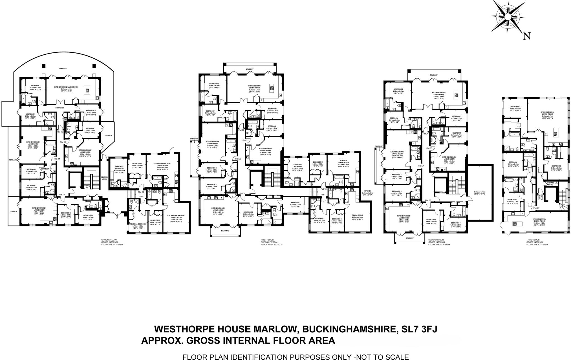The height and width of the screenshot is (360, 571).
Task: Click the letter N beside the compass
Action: pyautogui.click(x=527, y=36)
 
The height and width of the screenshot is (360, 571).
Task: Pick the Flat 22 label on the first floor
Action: pyautogui.click(x=241, y=130)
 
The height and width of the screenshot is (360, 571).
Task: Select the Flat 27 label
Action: pyautogui.click(x=536, y=208)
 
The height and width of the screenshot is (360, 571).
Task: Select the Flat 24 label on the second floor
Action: pyautogui.click(x=421, y=166)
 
